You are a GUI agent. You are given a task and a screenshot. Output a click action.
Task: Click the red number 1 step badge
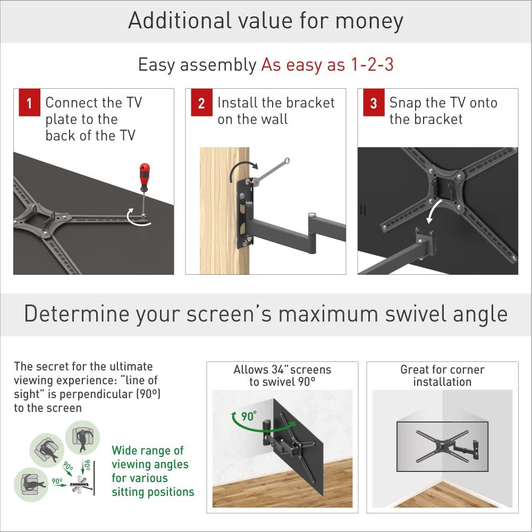pyautogui.click(x=29, y=103)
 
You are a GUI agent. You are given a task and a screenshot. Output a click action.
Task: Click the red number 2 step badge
pyautogui.click(x=201, y=103)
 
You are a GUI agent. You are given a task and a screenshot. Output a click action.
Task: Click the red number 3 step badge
pyautogui.click(x=374, y=103)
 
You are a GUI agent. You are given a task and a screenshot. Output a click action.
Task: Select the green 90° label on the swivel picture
pyautogui.click(x=248, y=416)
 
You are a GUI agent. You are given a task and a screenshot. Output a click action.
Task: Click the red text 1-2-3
pyautogui.click(x=371, y=64)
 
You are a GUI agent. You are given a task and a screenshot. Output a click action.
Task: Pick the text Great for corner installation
pyautogui.click(x=442, y=376)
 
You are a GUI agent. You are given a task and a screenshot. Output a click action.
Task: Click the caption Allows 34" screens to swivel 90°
pyautogui.click(x=282, y=376)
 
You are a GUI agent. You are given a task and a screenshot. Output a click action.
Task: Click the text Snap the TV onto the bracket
pyautogui.click(x=443, y=111)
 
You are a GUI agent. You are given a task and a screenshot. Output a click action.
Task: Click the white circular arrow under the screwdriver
pyautogui.click(x=137, y=220)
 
